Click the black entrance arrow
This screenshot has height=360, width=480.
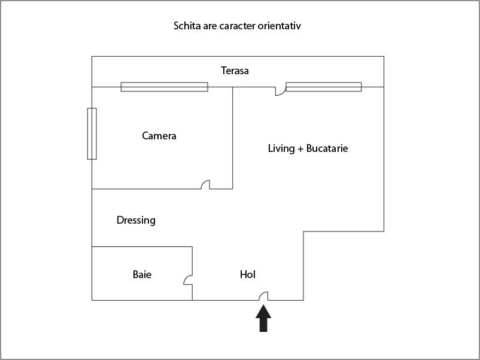pos(263,319)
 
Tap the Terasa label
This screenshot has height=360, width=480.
pos(235,71)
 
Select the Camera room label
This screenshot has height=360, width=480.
pos(159,136)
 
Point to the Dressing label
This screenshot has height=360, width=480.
pos(136,220)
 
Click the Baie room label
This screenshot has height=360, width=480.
pos(142,274)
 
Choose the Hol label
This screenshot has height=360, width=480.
pos(248,274)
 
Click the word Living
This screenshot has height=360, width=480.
pos(281,148)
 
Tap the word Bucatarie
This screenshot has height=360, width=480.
pos(327,148)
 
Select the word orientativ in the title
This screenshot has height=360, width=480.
pos(287,26)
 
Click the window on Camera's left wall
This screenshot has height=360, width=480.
pos(92,133)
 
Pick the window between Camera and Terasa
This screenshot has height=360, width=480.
pos(164,87)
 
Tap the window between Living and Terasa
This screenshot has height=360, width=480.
pos(323,87)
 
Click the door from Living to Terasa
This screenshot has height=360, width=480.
pos(280,91)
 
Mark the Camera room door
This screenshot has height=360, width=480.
pos(205,185)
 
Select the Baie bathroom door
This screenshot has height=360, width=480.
pos(188,279)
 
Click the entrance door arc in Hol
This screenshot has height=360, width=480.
pos(263,295)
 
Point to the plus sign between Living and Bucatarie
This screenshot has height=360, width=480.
pos(300,148)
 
